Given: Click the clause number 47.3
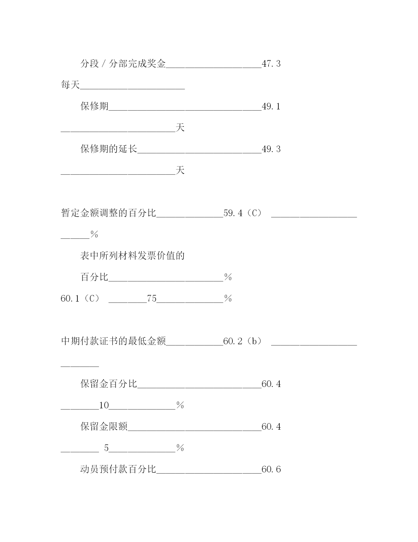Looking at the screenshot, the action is tap(271, 64).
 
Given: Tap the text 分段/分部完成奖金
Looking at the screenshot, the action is tap(123, 64).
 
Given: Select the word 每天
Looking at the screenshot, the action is tap(70, 85).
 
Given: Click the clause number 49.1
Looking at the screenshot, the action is tap(271, 106).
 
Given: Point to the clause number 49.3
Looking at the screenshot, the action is tap(271, 149).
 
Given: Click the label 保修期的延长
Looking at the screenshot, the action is tap(109, 149).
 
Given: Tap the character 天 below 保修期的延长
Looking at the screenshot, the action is tap(180, 170).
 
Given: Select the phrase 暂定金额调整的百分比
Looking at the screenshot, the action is tap(108, 213).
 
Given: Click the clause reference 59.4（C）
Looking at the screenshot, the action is tap(243, 213).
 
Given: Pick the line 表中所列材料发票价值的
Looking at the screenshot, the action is tap(132, 256).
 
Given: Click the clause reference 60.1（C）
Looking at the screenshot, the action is tap(80, 298).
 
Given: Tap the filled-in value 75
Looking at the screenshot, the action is tap(151, 298).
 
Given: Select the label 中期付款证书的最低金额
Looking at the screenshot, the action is tap(113, 341).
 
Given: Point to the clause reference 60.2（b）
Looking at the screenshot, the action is tap(243, 341).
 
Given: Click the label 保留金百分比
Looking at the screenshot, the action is tap(109, 384).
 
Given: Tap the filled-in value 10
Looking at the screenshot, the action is tap(104, 405).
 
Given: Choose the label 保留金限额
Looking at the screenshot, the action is tap(104, 426).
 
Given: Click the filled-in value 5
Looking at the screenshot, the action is tap(106, 448).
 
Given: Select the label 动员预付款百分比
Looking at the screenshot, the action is tap(118, 469).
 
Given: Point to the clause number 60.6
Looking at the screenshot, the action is tap(271, 469).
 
